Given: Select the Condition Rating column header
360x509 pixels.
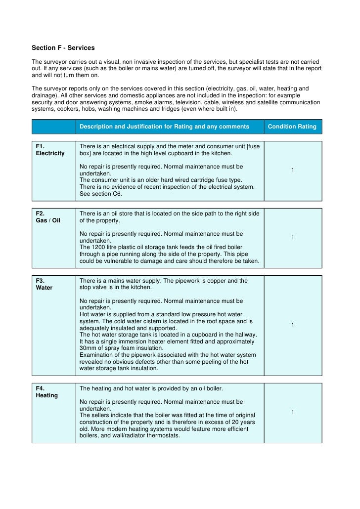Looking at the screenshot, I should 292,127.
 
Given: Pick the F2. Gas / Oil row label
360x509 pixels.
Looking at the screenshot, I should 48,217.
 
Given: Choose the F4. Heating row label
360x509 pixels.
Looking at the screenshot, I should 46,392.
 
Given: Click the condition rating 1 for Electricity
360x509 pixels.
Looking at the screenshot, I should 293,170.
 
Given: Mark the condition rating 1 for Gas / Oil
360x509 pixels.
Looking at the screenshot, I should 293,238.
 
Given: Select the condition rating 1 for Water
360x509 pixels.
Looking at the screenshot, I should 293,325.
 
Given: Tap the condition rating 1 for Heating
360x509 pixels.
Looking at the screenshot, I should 293,412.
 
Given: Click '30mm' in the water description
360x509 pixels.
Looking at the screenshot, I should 88,348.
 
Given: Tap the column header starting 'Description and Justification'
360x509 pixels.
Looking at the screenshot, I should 164,127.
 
